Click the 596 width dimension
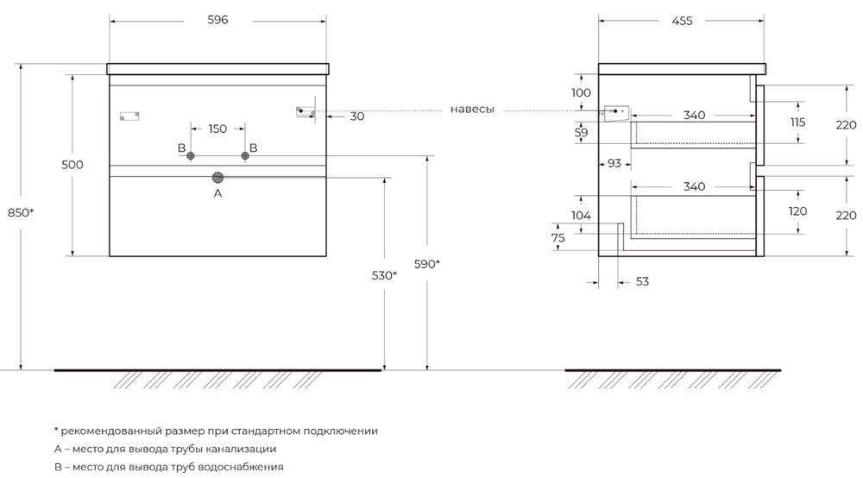pyautogui.click(x=217, y=20)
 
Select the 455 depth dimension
pyautogui.click(x=681, y=20)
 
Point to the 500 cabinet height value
pyautogui.click(x=72, y=165)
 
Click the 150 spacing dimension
pyautogui.click(x=217, y=129)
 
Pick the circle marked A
pyautogui.click(x=217, y=177)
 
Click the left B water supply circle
pyautogui.click(x=192, y=155)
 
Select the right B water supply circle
pyautogui.click(x=244, y=155)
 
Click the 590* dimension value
pyautogui.click(x=427, y=264)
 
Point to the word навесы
pyautogui.click(x=472, y=110)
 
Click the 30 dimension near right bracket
pyautogui.click(x=356, y=116)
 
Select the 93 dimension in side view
pyautogui.click(x=614, y=162)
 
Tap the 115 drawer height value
pyautogui.click(x=797, y=123)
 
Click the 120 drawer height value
pyautogui.click(x=797, y=211)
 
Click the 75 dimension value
pyautogui.click(x=558, y=239)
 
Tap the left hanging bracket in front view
pyautogui.click(x=129, y=115)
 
